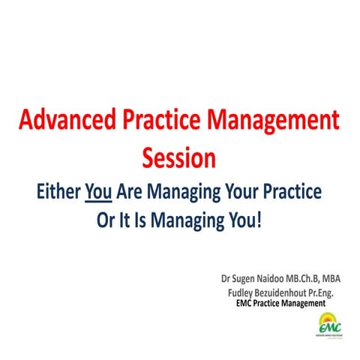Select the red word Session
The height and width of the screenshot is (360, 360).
point(179,157)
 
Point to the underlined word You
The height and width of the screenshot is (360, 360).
point(99,192)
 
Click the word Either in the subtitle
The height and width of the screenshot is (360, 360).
point(58,192)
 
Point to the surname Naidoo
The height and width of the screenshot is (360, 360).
point(268,279)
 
